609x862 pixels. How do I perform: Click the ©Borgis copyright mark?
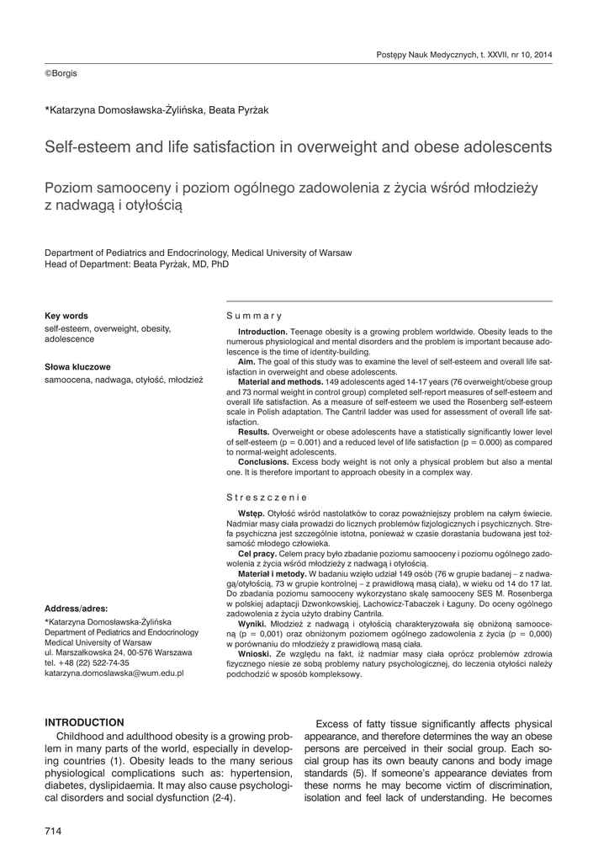click(61, 73)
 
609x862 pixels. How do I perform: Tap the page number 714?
click(54, 832)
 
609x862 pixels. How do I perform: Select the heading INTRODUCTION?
click(84, 722)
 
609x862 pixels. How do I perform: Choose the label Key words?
click(66, 316)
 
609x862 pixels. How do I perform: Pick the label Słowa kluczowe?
click(77, 367)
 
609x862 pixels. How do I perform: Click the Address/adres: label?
click(82, 608)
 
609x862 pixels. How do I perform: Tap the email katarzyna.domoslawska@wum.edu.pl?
click(114, 674)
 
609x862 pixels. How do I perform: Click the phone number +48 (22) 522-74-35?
click(87, 663)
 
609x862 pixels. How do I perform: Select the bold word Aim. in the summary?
click(249, 361)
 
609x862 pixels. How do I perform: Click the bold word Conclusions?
click(263, 462)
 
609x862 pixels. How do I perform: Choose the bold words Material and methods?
click(281, 380)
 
